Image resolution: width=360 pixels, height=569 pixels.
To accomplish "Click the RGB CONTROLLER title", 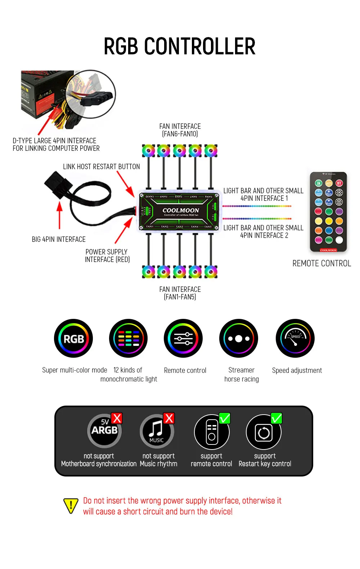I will coord(179,46).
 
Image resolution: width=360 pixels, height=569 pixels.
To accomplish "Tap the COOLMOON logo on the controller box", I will coord(181,211).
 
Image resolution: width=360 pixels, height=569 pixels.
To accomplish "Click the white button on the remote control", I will coord(339,240).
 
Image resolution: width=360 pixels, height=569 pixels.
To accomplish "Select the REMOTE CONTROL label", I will coord(321,263).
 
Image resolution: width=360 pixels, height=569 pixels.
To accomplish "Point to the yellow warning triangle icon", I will coord(71,506).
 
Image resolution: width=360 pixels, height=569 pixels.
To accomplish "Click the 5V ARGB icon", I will coord(104,431).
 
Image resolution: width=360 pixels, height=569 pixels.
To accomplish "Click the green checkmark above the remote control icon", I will coord(225,418).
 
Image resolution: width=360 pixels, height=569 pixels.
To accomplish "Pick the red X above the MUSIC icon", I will coord(169,418).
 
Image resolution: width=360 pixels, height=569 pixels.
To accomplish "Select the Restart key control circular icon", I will coord(264,432).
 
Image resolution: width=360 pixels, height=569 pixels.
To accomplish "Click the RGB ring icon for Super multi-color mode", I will coord(73,338).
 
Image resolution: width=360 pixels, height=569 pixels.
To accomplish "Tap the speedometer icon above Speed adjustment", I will coord(295,338).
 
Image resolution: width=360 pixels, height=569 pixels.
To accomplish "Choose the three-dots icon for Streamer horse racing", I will coord(239,338).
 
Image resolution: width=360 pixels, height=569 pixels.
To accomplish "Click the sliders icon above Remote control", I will coord(183,338).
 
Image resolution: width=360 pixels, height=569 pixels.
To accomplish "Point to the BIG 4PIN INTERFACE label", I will coord(59,239).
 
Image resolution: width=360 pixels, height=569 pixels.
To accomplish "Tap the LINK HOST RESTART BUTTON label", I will coord(101,167).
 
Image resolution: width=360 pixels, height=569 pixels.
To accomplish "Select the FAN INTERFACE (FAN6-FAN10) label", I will coord(180,130).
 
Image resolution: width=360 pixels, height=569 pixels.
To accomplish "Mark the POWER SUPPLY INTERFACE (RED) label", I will coord(107,256).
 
